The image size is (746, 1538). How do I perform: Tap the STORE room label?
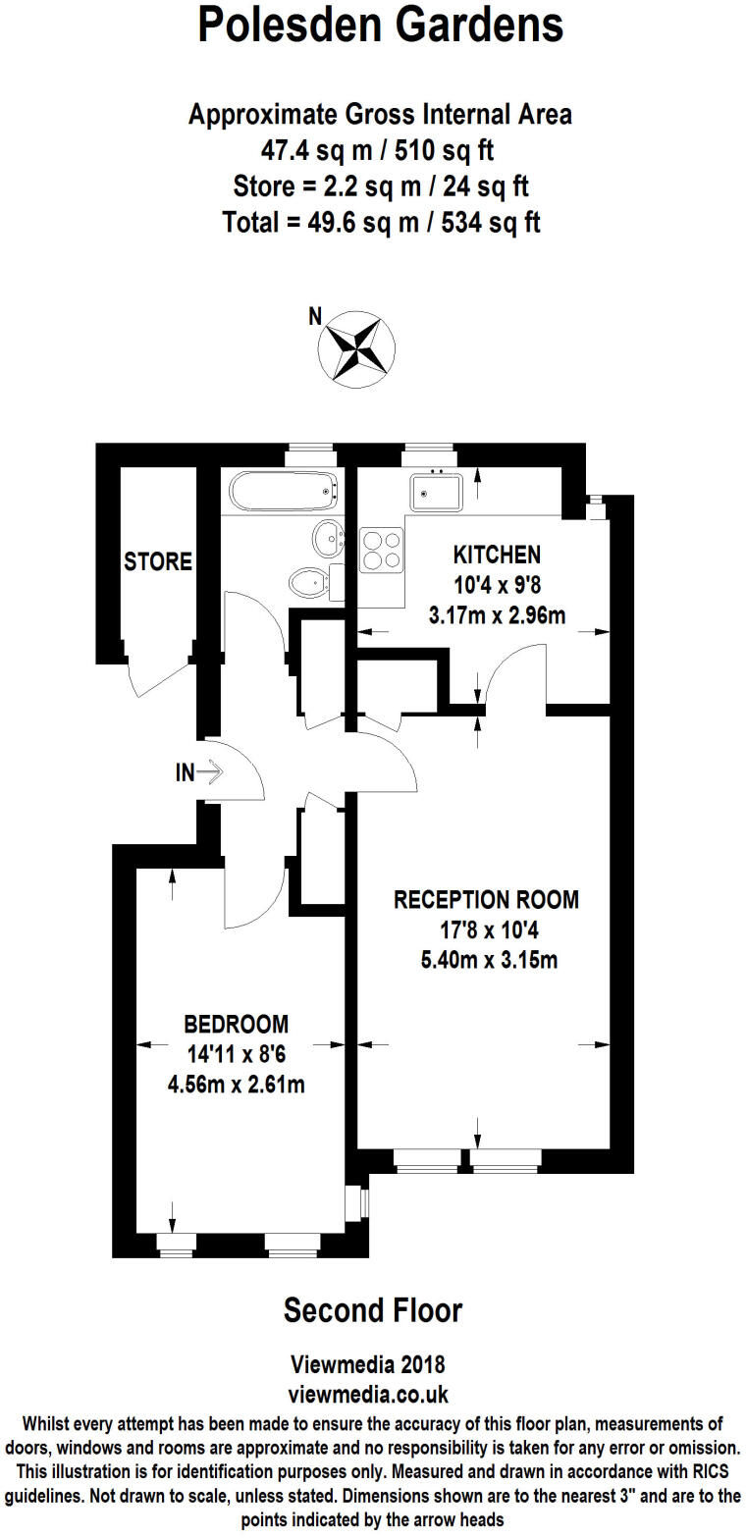[157, 562]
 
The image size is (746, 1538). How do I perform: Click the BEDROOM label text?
[237, 1025]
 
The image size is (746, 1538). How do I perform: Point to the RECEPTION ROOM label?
[486, 899]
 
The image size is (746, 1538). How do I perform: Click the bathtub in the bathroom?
[283, 490]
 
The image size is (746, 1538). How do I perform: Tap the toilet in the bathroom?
[310, 583]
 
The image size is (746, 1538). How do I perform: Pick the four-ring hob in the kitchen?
[382, 549]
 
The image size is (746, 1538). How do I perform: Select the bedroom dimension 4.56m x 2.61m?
[237, 1085]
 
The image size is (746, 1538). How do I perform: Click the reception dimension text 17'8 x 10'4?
[487, 929]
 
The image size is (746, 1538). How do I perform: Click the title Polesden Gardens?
[380, 27]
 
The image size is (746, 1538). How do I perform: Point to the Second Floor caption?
[373, 1309]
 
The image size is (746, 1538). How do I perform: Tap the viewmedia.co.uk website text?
[368, 1393]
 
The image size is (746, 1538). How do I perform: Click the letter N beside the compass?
[315, 316]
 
